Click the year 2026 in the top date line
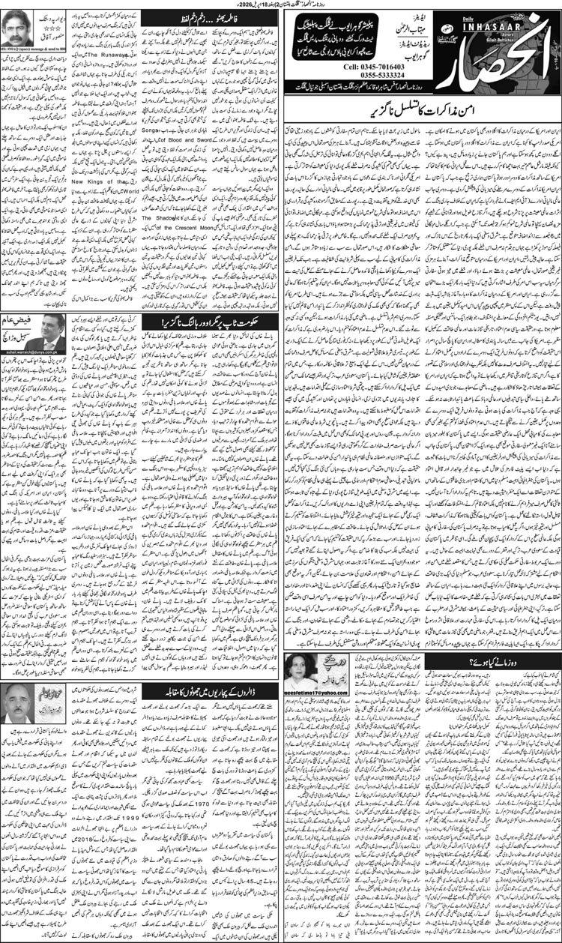pyautogui.click(x=247, y=4)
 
